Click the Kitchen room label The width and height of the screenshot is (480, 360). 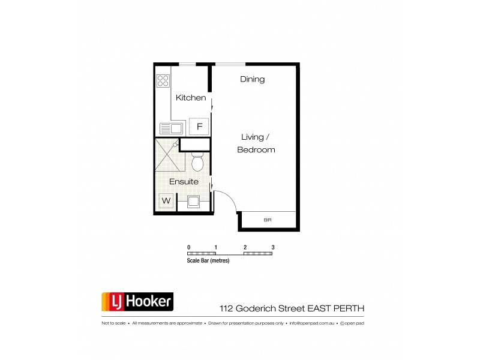(191, 98)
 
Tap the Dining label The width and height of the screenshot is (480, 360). (253, 79)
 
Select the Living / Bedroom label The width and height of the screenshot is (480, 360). (256, 143)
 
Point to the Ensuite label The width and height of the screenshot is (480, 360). (184, 181)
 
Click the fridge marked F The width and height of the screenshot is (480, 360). (199, 127)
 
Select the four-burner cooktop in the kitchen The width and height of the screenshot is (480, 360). (163, 81)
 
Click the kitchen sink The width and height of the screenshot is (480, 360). (171, 128)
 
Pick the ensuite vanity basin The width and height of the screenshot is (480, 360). (193, 202)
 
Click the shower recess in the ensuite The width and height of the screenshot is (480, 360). (166, 154)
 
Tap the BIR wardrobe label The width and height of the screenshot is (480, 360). (268, 221)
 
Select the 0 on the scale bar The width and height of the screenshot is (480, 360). (188, 247)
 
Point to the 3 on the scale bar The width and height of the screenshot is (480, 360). (273, 247)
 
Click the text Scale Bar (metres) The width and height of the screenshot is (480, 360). (208, 261)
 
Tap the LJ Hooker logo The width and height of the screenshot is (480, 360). (136, 302)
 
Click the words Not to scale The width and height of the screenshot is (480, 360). (113, 323)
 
